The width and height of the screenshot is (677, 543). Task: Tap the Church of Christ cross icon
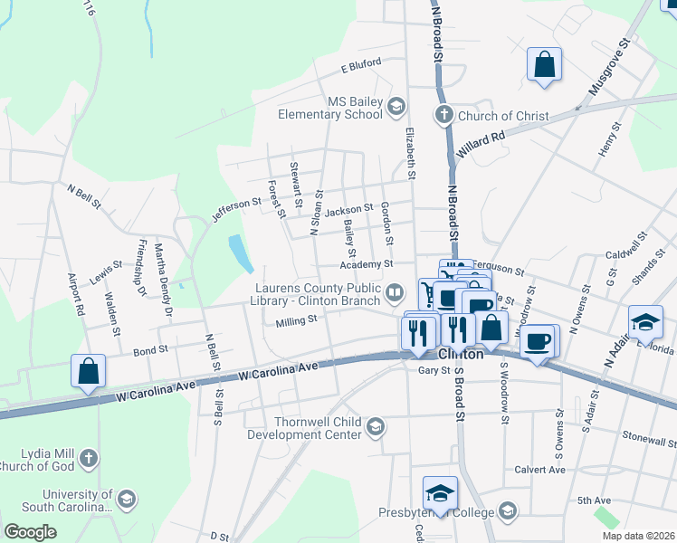pyautogui.click(x=443, y=115)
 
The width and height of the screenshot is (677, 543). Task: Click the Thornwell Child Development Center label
pyautogui.click(x=321, y=427)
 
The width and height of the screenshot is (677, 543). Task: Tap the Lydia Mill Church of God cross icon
pyautogui.click(x=88, y=458)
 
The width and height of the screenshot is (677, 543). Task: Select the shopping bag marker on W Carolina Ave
pyautogui.click(x=88, y=371)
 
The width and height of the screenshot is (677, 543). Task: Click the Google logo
pyautogui.click(x=30, y=532)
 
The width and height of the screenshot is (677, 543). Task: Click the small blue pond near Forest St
pyautogui.click(x=241, y=253)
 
